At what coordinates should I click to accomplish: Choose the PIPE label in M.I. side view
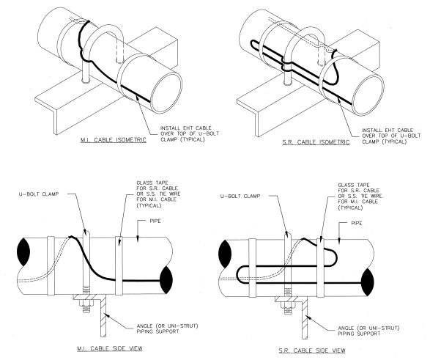coord(167,220)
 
